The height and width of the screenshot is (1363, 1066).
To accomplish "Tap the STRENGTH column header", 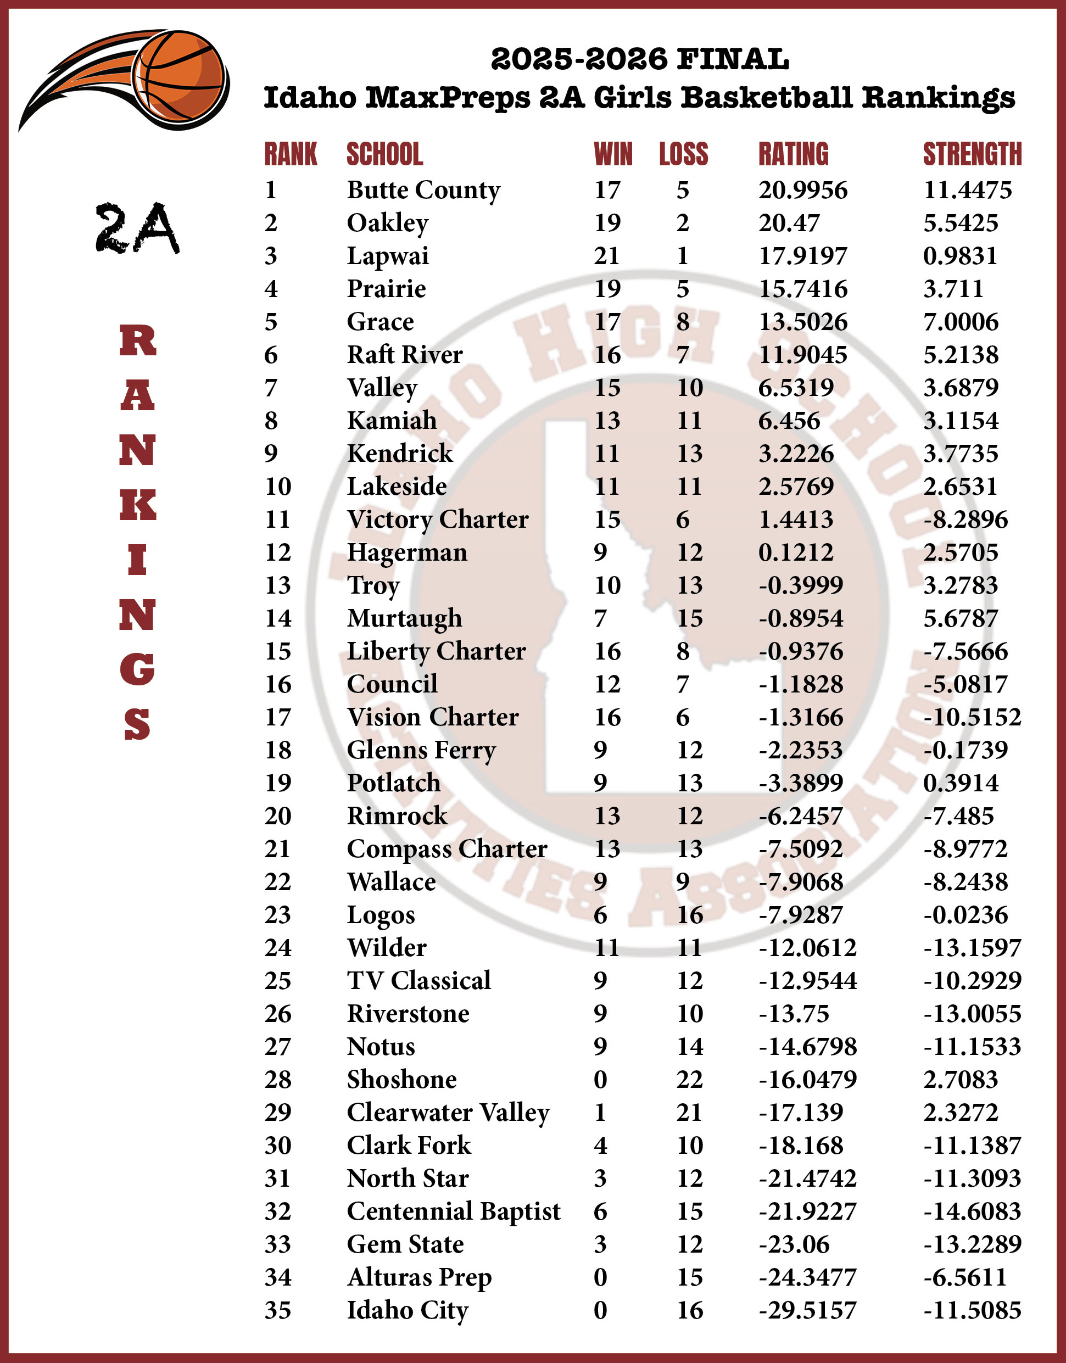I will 972,154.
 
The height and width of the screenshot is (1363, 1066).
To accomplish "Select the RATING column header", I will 793,154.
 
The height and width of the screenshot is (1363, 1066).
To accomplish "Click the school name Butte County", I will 423,189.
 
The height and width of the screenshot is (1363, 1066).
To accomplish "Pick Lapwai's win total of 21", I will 607,256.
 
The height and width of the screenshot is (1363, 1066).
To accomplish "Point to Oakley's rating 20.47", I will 788,223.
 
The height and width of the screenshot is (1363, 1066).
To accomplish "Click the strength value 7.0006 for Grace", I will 961,322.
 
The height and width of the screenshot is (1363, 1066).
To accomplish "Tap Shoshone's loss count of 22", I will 689,1079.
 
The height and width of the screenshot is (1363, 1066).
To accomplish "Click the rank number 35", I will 278,1310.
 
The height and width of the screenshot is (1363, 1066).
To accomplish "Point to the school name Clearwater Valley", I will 448,1112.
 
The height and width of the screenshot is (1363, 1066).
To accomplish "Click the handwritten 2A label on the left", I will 137,228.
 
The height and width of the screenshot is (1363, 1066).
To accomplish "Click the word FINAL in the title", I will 733,59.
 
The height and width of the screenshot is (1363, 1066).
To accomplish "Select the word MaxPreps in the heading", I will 448,98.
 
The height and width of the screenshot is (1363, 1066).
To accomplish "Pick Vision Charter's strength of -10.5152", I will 972,717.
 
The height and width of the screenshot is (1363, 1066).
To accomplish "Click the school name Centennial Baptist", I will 453,1211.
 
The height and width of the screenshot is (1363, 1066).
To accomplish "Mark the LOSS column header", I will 683,154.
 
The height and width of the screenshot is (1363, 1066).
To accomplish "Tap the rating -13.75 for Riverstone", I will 793,1014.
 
